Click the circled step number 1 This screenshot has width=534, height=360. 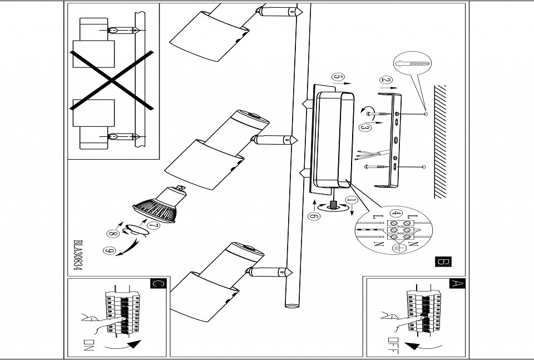coord(352,201)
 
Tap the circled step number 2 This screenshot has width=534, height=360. coord(386,80)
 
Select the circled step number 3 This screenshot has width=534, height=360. coord(365,128)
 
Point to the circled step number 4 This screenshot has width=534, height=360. coord(395,214)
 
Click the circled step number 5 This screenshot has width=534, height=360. coord(338,77)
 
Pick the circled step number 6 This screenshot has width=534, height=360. coord(314,216)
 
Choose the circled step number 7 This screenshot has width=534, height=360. coord(154,225)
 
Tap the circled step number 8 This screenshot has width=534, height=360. coord(113,234)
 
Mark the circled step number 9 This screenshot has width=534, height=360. coord(110,250)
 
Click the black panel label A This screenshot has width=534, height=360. coord(457,283)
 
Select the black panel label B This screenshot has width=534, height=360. coord(443,262)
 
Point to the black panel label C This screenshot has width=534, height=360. coord(158,283)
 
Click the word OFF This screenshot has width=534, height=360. coord(393,346)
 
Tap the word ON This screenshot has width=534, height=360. coord(88,345)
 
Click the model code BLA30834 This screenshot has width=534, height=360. coord(78,255)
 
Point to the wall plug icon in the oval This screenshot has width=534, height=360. coord(412,63)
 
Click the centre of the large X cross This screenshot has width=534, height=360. coord(111,80)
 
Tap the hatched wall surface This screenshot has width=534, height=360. coord(440,142)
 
